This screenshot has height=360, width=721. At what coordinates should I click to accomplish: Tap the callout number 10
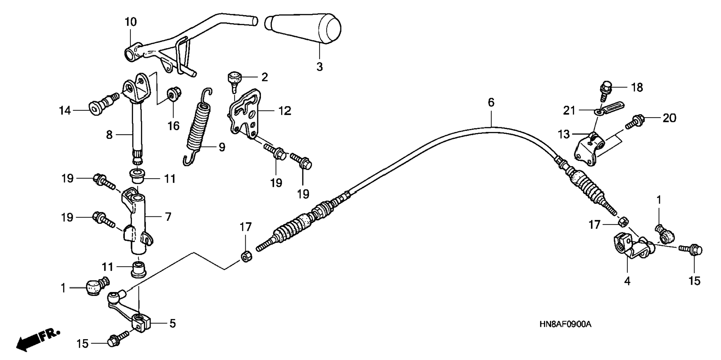(130, 22)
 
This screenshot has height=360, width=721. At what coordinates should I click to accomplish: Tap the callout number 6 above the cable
(491, 102)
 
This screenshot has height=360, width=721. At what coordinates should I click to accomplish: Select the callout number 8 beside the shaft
(109, 135)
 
